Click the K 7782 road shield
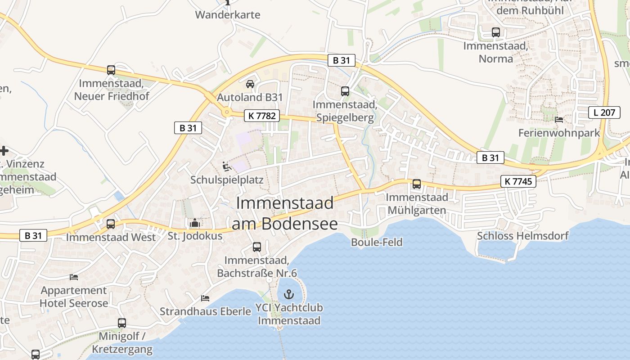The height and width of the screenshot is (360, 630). (x=261, y=116)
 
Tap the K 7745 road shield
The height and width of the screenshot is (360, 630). (x=518, y=181)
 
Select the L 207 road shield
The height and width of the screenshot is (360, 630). (x=604, y=112)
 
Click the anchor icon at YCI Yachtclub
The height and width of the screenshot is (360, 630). (x=289, y=295)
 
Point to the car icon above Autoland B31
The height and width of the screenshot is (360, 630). (x=250, y=84)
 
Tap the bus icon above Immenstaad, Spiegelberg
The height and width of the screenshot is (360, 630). (x=345, y=91)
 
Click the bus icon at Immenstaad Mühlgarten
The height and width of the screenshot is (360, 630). (x=417, y=184)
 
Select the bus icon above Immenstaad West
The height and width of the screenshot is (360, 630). (x=111, y=224)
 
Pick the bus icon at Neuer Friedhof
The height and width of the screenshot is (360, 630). (x=111, y=70)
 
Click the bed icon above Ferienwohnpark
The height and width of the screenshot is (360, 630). (x=559, y=120)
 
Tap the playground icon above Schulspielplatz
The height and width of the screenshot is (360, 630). (x=227, y=167)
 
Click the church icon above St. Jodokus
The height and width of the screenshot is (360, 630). (x=195, y=223)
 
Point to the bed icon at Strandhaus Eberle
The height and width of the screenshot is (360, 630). (x=205, y=298)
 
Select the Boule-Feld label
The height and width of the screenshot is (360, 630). (x=377, y=242)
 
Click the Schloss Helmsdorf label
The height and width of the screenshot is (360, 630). (x=522, y=236)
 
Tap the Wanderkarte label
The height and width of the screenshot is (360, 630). (x=227, y=14)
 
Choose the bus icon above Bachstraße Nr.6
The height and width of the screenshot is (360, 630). (x=257, y=247)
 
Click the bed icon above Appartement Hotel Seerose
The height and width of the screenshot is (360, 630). (x=74, y=277)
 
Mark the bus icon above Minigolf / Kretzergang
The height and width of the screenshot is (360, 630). (x=122, y=323)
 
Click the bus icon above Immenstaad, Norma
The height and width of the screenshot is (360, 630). (x=496, y=32)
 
